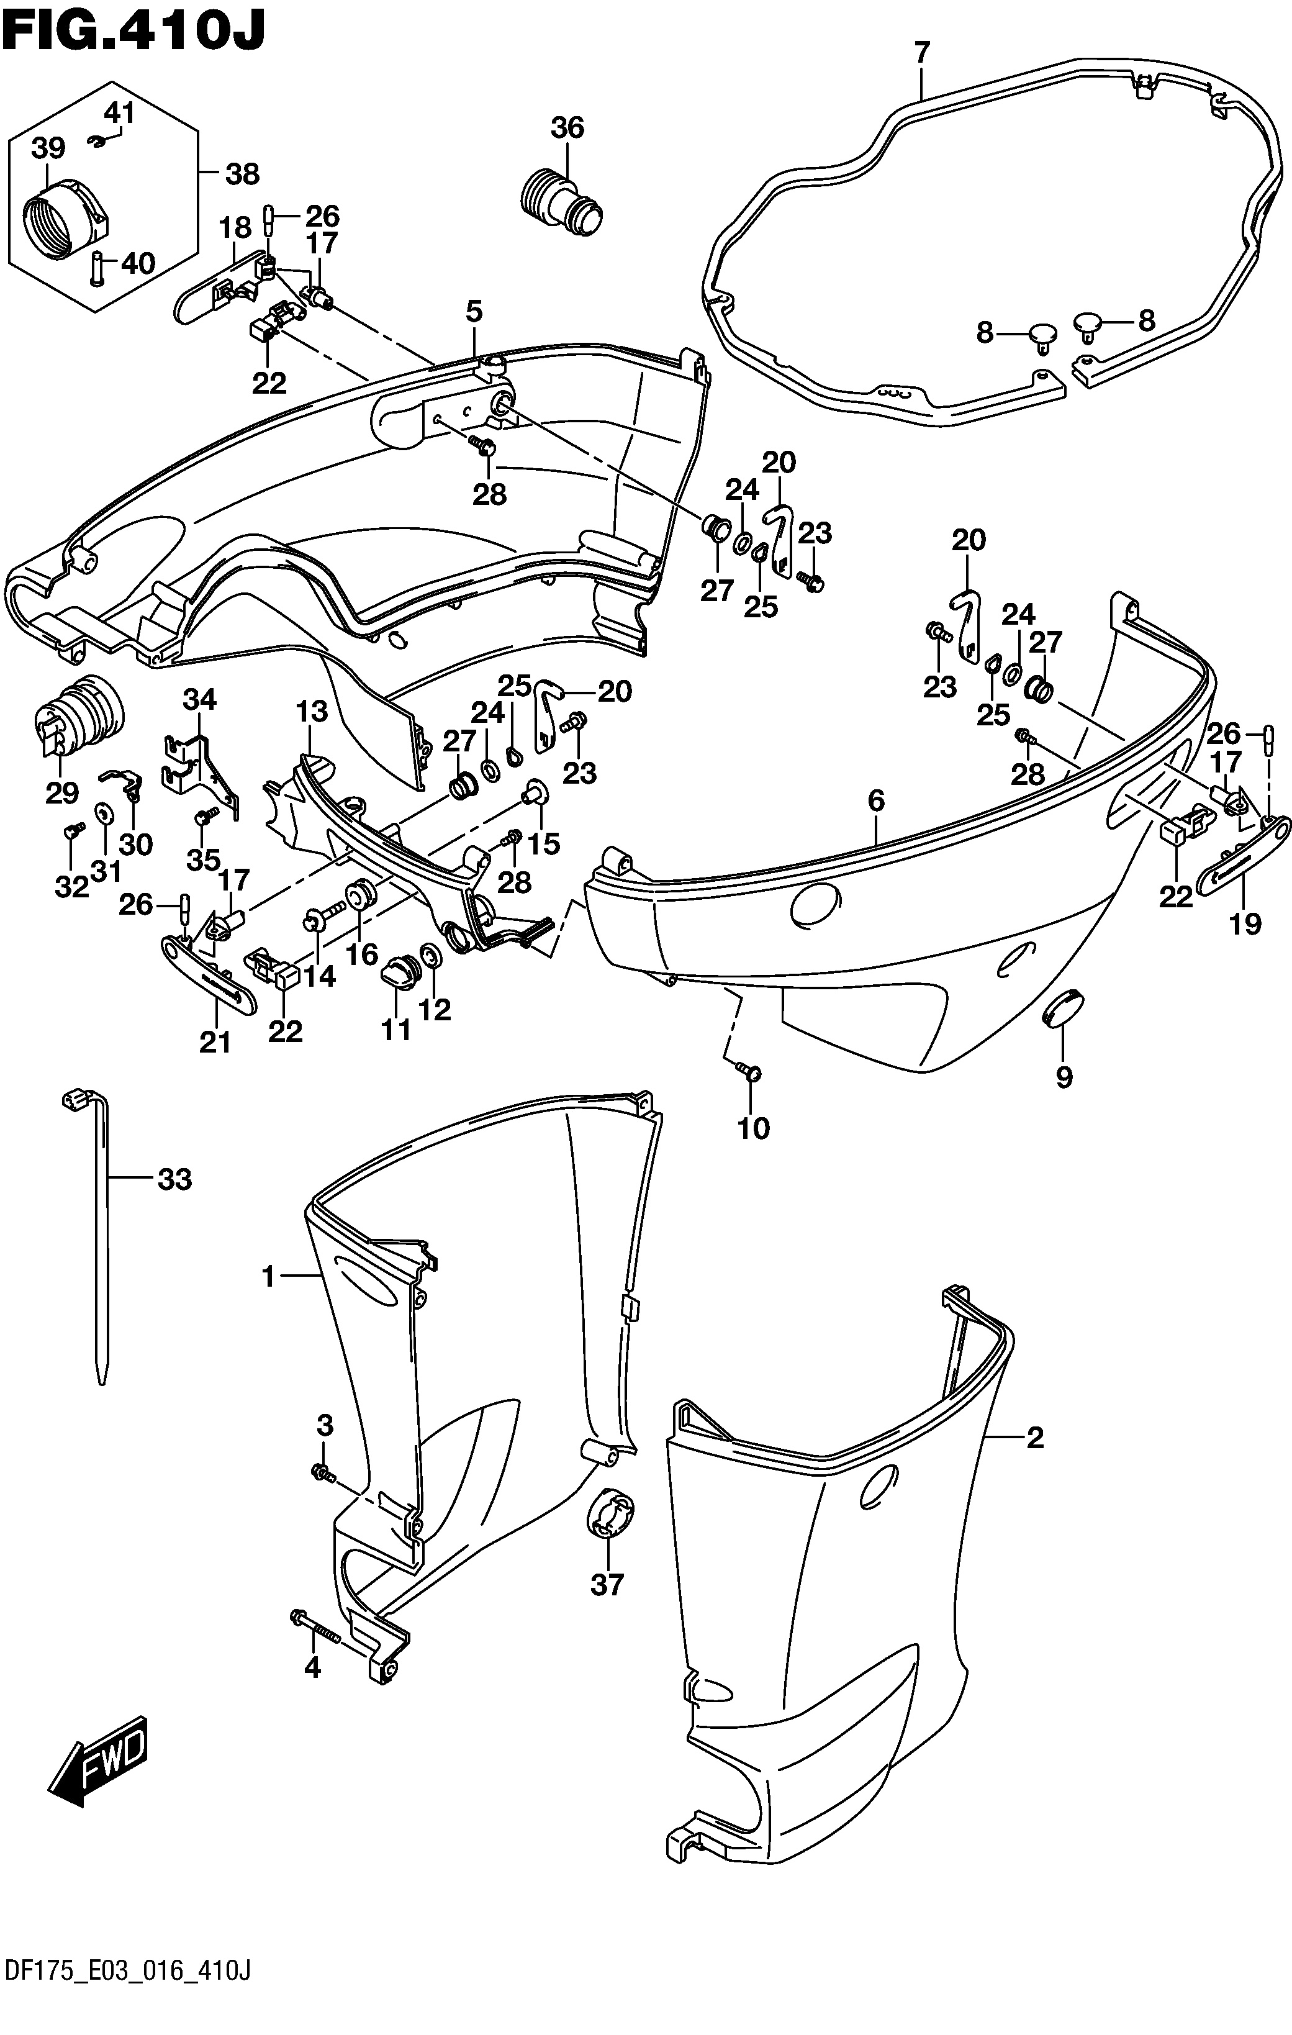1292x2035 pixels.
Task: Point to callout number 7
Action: (921, 52)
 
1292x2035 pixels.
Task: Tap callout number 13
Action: (312, 712)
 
